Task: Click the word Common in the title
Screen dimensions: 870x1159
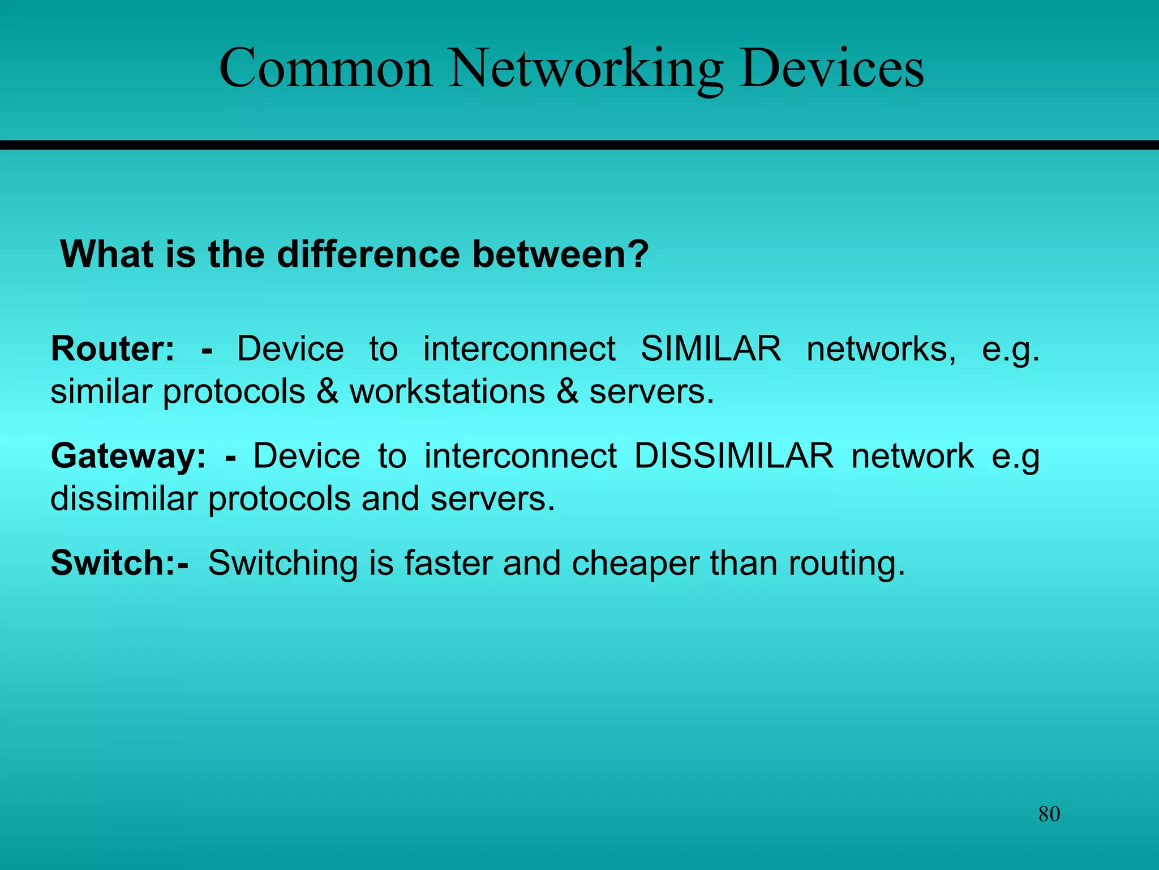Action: click(326, 69)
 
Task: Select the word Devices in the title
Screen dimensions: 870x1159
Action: click(831, 69)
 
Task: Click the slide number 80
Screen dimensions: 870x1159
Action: click(1049, 814)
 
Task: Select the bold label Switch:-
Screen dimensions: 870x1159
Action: click(119, 563)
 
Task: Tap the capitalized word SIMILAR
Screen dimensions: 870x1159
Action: click(710, 348)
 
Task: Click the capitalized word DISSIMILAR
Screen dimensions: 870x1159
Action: click(733, 456)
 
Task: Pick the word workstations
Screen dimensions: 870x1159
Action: click(447, 391)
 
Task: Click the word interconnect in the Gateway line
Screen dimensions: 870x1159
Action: click(520, 456)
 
